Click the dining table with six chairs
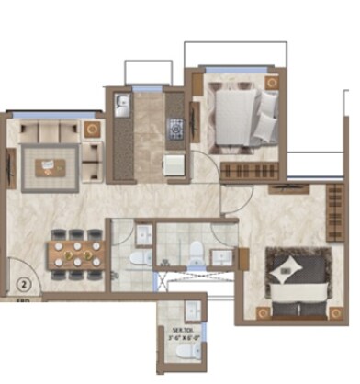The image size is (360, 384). coord(73,254)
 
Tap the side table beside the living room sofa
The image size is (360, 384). coord(93,130)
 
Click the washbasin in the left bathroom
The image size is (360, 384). coord(144,236)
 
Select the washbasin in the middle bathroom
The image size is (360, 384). coord(220,255)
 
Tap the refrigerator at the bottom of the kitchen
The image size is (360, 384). coord(172,164)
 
